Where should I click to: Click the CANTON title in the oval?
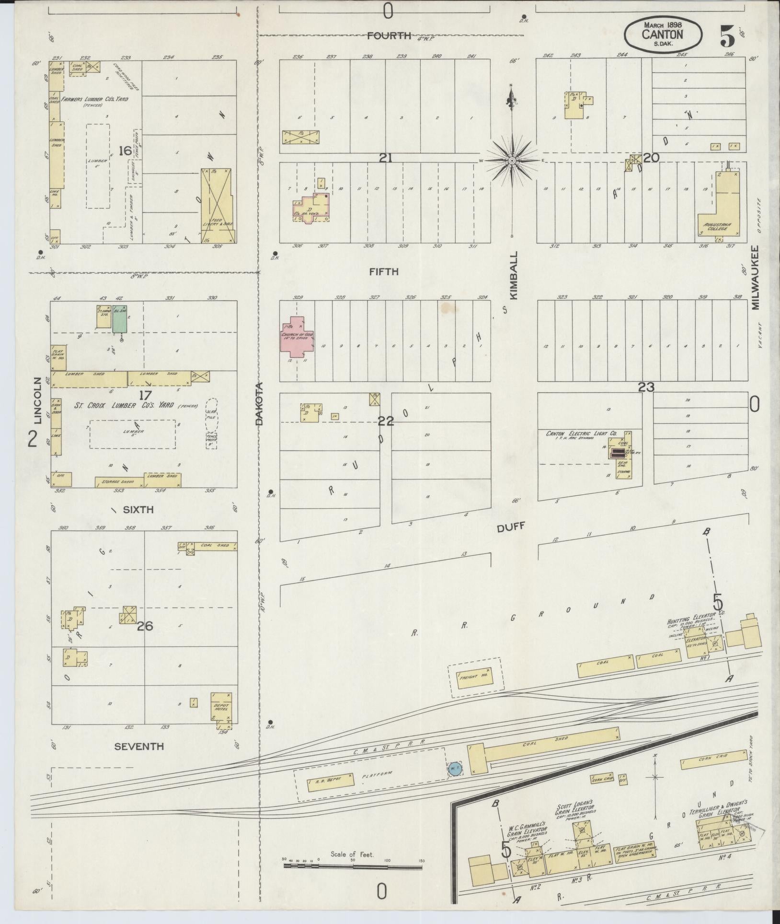(663, 34)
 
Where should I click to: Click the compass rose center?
(512, 160)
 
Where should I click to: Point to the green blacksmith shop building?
(119, 319)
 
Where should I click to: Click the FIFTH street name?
(384, 272)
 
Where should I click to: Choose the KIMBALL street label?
(514, 275)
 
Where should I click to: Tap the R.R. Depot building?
(331, 780)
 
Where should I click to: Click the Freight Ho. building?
(474, 678)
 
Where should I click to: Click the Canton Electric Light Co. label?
(582, 433)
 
